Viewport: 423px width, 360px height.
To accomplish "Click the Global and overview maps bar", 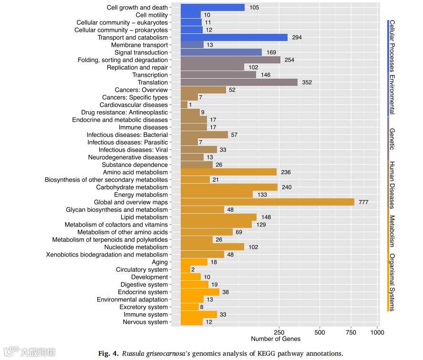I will [x=267, y=202].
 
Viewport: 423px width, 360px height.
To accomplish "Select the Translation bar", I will [x=239, y=82].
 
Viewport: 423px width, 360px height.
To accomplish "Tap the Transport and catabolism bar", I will [x=234, y=38].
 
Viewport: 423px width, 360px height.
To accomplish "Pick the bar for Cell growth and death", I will [x=213, y=8].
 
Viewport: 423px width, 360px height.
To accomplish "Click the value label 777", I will [x=363, y=202].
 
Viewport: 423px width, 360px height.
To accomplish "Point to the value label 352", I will [x=307, y=82].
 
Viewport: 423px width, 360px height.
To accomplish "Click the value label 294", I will [x=297, y=38].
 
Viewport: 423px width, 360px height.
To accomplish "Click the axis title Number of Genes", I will [x=276, y=339].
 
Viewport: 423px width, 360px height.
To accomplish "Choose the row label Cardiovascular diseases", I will [x=134, y=105].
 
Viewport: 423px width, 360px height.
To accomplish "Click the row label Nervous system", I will [x=145, y=322].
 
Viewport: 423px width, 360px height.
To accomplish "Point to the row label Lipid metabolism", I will [x=144, y=217].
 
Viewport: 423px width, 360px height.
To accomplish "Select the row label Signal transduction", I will [x=141, y=52].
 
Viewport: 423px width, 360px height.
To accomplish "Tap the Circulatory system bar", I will [x=186, y=270].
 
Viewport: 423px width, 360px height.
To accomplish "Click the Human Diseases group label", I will [x=392, y=185].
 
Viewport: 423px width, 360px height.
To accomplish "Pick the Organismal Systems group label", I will [x=392, y=282].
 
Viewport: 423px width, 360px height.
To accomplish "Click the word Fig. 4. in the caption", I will [x=108, y=353].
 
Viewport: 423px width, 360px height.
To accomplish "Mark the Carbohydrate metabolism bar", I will [x=229, y=187].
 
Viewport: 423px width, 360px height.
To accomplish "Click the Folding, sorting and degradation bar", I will [x=230, y=60].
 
